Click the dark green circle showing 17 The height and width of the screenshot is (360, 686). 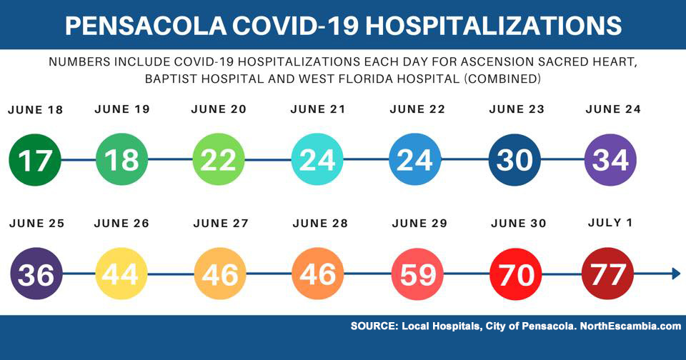point(36,160)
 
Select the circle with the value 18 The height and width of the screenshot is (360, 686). point(122,160)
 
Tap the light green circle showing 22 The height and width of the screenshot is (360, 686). point(219,160)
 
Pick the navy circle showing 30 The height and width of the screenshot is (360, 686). point(514,160)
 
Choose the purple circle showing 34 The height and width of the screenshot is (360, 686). point(610,160)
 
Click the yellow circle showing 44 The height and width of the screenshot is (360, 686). point(122,274)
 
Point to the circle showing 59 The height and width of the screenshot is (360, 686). point(418,274)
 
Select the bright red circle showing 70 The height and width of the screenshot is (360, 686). point(516,274)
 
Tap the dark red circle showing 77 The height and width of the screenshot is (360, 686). point(608,274)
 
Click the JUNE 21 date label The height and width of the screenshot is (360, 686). point(318,110)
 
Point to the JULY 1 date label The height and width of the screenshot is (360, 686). point(610,223)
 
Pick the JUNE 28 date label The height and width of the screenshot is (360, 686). point(320,224)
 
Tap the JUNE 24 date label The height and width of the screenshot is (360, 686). point(613,110)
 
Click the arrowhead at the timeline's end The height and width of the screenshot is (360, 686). point(675,274)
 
